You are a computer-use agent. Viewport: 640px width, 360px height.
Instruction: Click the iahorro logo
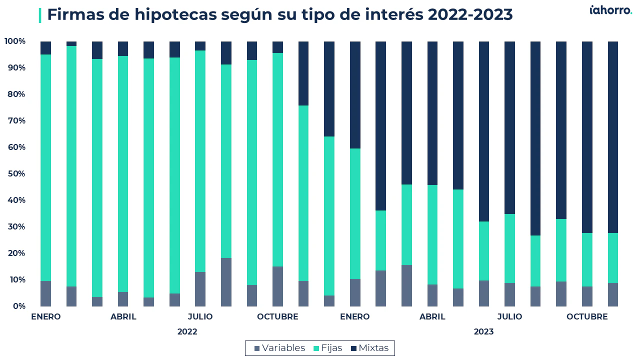[x=610, y=10]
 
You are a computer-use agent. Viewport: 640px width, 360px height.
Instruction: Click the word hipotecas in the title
[x=175, y=15]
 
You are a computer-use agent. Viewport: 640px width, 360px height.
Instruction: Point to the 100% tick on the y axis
[x=15, y=41]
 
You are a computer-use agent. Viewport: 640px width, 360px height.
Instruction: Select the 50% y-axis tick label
[x=16, y=173]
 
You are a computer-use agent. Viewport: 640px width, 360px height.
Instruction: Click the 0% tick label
[x=19, y=306]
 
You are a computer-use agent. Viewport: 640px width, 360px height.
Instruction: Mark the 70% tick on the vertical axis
[x=16, y=120]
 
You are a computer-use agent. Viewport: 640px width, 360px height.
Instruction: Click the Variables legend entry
[x=279, y=348]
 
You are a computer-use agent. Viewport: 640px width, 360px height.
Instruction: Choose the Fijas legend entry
[x=327, y=348]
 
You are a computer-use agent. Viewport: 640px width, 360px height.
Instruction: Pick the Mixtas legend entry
[x=369, y=348]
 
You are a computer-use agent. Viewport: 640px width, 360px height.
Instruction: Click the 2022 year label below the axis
[x=187, y=331]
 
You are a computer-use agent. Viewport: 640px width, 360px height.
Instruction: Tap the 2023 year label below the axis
[x=483, y=331]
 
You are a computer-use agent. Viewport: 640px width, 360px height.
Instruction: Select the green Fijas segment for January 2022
[x=45, y=167]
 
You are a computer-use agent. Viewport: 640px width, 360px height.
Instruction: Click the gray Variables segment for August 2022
[x=226, y=282]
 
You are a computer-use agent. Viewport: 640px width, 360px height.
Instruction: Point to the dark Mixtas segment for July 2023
[x=509, y=127]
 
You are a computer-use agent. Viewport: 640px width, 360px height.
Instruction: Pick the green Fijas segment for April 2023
[x=432, y=235]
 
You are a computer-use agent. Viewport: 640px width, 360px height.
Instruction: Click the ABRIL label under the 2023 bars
[x=432, y=316]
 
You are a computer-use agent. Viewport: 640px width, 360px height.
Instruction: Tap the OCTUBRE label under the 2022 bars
[x=277, y=316]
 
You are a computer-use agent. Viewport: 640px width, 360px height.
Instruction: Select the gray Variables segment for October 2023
[x=587, y=296]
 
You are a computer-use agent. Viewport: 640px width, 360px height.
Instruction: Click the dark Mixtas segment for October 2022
[x=277, y=47]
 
